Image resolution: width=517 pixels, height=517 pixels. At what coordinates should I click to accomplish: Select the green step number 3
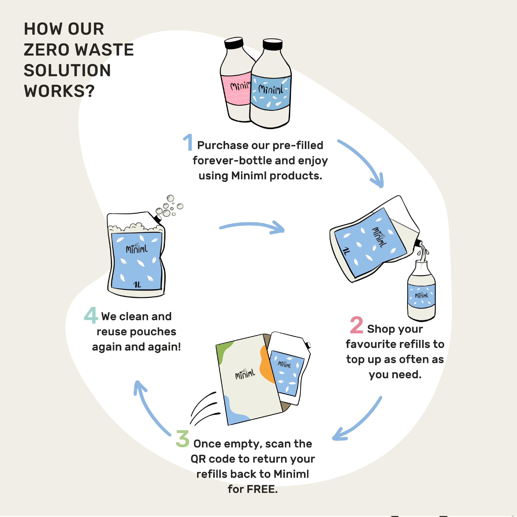tap(183, 439)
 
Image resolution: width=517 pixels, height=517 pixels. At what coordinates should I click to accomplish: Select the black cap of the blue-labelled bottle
tap(272, 44)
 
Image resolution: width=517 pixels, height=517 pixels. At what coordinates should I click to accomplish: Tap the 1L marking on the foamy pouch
tap(137, 284)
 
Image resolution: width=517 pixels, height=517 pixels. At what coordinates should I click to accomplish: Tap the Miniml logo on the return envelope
tap(245, 373)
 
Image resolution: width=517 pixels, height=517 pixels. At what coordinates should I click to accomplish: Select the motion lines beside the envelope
tap(205, 408)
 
